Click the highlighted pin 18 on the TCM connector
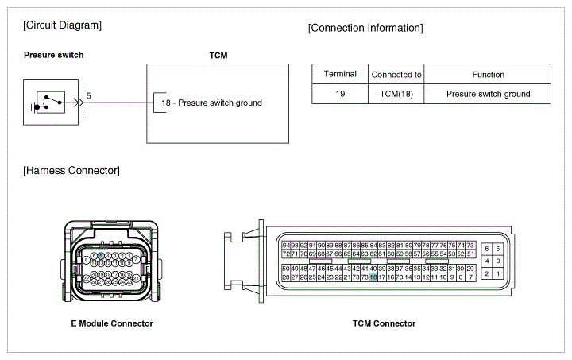[373, 277]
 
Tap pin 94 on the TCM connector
[286, 245]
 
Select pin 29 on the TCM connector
[470, 269]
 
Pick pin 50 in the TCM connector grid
[286, 269]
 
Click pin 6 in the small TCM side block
[487, 249]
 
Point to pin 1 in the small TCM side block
[497, 273]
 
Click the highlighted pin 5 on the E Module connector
[102, 257]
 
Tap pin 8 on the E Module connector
[87, 261]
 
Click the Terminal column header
[340, 75]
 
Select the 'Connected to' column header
[396, 75]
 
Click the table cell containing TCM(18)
[396, 94]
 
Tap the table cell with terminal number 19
[340, 94]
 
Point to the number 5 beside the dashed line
[88, 95]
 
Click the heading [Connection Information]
[365, 29]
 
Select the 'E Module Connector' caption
[112, 323]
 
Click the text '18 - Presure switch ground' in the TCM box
[211, 103]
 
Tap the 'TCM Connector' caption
[384, 323]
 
